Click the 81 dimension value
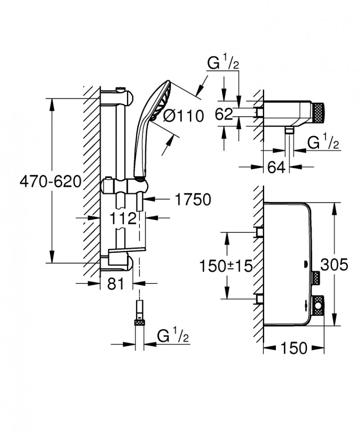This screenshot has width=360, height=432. coord(117,284)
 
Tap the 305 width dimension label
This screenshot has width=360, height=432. coord(334,265)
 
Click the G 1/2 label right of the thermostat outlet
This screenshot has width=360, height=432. coord(323,144)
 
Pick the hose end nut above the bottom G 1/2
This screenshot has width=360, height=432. coord(139,322)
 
